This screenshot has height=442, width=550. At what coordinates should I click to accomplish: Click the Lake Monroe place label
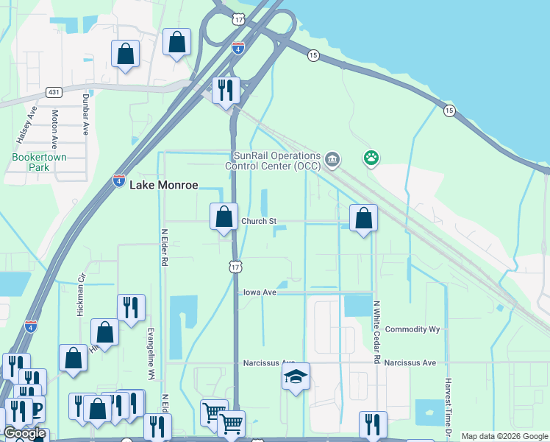tap(163, 186)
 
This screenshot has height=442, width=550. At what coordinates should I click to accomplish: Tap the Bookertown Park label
tap(30, 162)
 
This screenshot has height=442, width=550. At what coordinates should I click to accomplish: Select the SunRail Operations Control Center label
tap(276, 161)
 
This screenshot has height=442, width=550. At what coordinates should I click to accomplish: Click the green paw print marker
tap(371, 157)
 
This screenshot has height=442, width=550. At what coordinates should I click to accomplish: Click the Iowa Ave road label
tap(260, 292)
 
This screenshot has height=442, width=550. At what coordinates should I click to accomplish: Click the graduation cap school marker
tap(296, 377)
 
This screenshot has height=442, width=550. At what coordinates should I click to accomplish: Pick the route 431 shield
tap(54, 92)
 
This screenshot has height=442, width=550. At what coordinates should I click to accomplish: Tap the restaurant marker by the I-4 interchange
tap(226, 90)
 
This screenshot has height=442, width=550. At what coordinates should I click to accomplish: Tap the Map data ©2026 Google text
tap(504, 436)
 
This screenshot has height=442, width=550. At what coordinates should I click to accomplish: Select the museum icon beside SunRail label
tap(332, 158)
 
